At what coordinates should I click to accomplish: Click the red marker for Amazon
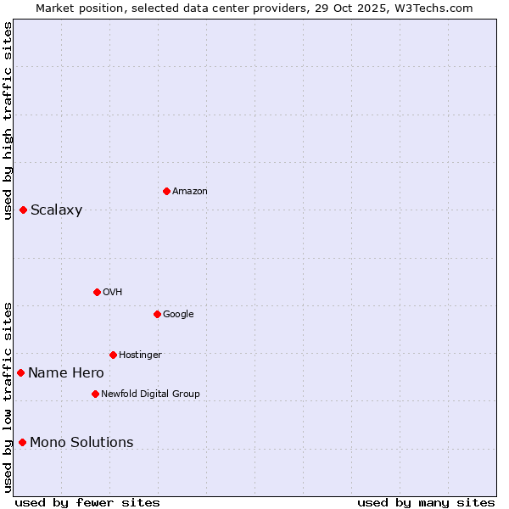pyautogui.click(x=166, y=191)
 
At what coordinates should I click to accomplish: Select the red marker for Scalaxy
pyautogui.click(x=23, y=210)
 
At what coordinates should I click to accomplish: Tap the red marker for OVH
pyautogui.click(x=97, y=292)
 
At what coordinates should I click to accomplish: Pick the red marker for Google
pyautogui.click(x=157, y=314)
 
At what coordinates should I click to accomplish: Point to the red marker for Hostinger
pyautogui.click(x=113, y=355)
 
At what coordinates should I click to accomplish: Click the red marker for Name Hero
pyautogui.click(x=20, y=372)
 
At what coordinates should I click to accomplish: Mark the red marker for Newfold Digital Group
pyautogui.click(x=95, y=394)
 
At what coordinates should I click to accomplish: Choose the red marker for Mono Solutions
pyautogui.click(x=22, y=442)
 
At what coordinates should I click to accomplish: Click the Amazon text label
pyautogui.click(x=190, y=192)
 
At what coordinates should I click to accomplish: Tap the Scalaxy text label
pyautogui.click(x=56, y=210)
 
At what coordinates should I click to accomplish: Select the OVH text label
pyautogui.click(x=113, y=293)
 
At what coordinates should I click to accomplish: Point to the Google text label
pyautogui.click(x=178, y=315)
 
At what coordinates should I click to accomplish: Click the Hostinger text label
pyautogui.click(x=140, y=355)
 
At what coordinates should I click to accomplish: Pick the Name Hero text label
pyautogui.click(x=66, y=373)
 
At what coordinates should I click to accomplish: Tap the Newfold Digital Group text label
pyautogui.click(x=150, y=394)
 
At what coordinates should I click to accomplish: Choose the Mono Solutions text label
pyautogui.click(x=81, y=443)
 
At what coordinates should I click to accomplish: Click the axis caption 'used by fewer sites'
pyautogui.click(x=87, y=502)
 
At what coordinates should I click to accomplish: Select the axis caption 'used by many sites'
pyautogui.click(x=426, y=502)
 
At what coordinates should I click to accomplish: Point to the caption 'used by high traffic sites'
pyautogui.click(x=8, y=120)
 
